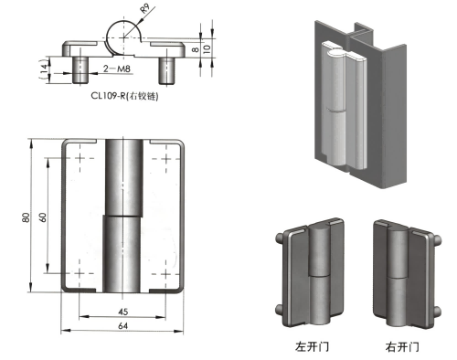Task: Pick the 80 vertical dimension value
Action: click(x=29, y=217)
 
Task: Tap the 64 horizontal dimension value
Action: click(x=122, y=324)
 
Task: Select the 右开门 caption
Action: click(x=402, y=346)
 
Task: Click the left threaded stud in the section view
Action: click(x=80, y=67)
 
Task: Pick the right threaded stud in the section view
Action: click(x=169, y=67)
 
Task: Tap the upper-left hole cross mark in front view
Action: click(x=80, y=160)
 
